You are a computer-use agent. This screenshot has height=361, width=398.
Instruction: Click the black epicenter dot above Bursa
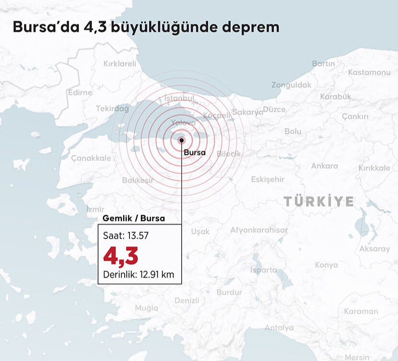pos(182,140)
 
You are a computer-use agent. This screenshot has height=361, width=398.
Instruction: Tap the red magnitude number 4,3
pos(121,257)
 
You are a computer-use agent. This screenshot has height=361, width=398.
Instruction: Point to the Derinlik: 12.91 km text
pos(138,275)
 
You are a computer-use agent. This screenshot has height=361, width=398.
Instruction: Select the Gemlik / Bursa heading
pos(134,219)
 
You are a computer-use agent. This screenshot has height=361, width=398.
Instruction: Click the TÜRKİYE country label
pos(318,201)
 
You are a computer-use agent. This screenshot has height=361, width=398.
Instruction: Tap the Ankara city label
pos(325,166)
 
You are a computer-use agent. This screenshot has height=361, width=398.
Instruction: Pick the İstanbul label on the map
pos(179,98)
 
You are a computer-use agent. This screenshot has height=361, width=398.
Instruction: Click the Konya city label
pos(326,265)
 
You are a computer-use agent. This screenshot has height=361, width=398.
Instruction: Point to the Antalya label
pos(279,328)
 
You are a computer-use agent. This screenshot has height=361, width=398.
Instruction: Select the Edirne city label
pos(80,93)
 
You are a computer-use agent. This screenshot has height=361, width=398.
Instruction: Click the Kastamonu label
pos(369,72)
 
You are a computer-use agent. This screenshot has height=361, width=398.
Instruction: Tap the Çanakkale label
pos(91,158)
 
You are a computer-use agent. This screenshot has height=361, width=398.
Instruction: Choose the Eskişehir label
pos(268,179)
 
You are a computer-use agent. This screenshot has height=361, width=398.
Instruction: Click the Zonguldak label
pos(291,85)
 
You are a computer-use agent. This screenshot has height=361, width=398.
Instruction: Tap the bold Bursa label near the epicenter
pos(195,152)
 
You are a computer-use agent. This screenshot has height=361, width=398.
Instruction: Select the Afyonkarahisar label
pos(259,230)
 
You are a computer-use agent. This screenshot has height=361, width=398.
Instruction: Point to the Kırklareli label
pos(120,63)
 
